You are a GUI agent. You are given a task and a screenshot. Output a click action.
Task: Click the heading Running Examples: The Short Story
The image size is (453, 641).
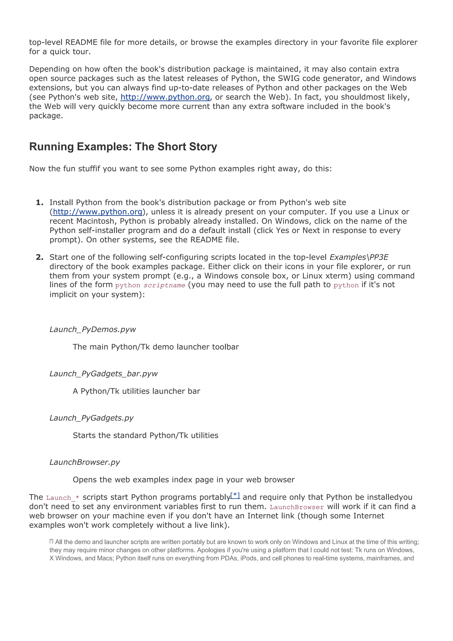(x=123, y=147)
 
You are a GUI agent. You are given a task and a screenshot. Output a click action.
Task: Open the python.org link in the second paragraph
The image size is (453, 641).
(x=165, y=97)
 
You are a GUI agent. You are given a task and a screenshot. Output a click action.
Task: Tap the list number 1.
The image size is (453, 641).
(x=39, y=202)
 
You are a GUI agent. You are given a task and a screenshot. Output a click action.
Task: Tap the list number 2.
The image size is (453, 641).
(x=39, y=257)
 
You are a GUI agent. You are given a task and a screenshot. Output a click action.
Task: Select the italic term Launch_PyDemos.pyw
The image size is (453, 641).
(x=92, y=329)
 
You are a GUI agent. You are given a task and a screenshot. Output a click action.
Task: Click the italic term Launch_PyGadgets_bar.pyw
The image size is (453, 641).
(x=103, y=374)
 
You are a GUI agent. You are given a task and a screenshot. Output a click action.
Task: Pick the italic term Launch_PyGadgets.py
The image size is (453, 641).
(x=91, y=418)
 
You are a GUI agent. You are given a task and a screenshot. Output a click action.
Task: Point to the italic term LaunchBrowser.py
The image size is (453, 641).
(x=84, y=462)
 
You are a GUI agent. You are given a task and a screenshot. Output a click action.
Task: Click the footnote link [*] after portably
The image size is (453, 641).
(x=235, y=495)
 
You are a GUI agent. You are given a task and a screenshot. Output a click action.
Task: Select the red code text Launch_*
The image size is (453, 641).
(x=63, y=498)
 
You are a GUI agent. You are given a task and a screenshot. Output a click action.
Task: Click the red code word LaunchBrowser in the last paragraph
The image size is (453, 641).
(x=296, y=507)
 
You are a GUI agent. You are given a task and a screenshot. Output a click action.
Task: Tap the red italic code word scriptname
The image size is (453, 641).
(x=164, y=285)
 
